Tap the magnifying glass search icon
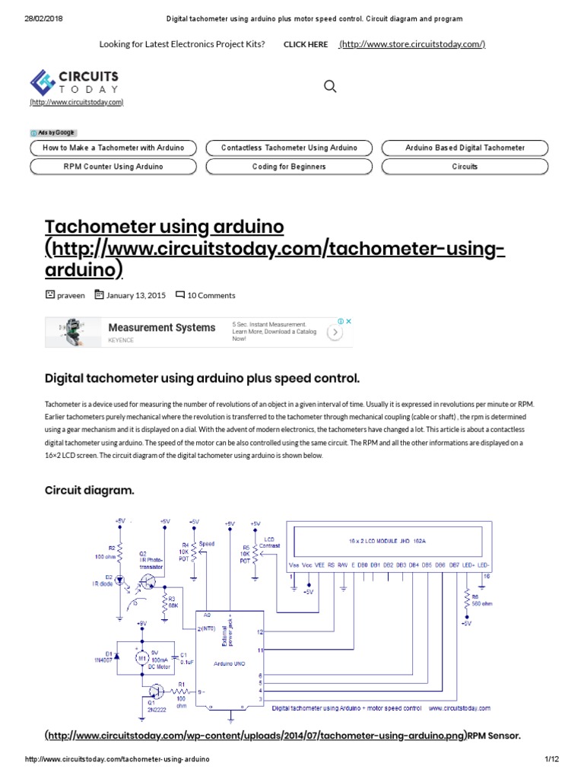coord(330,87)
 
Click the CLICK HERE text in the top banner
coord(306,44)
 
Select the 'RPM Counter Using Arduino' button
coord(113,166)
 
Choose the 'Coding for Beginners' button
coord(289,166)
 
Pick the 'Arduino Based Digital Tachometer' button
coord(465,148)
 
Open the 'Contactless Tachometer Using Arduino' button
coord(289,148)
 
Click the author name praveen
coord(71,295)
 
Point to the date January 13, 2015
coord(136,295)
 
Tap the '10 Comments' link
coord(211,295)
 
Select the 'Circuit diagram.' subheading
coord(90,491)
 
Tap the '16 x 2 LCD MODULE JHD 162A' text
coord(386,542)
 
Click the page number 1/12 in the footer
coord(551,760)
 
